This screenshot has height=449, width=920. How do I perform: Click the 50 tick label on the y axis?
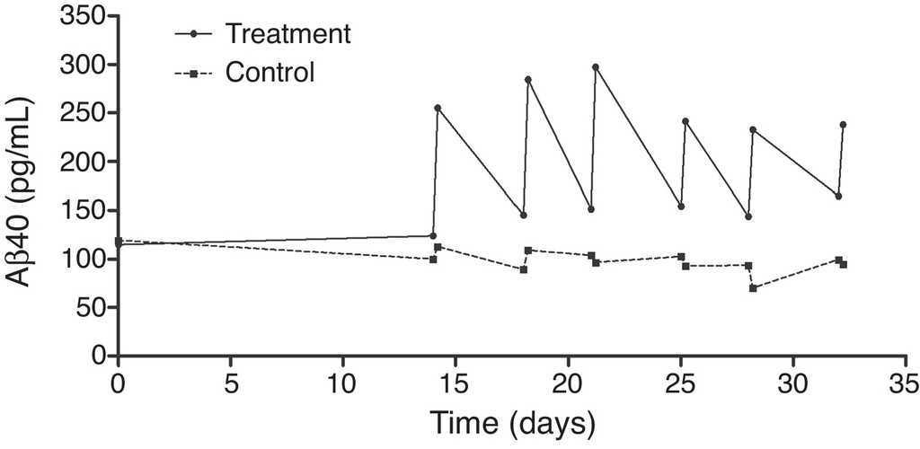(x=93, y=307)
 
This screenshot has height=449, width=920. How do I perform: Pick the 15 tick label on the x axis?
(x=456, y=383)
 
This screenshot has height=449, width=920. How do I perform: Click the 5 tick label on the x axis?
(x=230, y=383)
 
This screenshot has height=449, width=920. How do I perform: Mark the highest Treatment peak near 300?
(x=596, y=66)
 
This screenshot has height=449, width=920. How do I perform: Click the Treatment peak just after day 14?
(x=438, y=108)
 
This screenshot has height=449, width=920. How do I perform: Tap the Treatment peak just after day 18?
(x=528, y=79)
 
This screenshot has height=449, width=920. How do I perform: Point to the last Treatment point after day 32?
(x=843, y=124)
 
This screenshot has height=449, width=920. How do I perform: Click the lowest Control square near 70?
(x=753, y=288)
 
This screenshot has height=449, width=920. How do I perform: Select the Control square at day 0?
(x=118, y=241)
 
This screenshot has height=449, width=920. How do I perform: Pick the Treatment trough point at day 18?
(x=523, y=215)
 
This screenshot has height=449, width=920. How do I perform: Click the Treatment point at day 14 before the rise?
(x=433, y=235)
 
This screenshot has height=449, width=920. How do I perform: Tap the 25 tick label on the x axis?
(x=680, y=383)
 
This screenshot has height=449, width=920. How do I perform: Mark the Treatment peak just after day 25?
(x=686, y=121)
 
